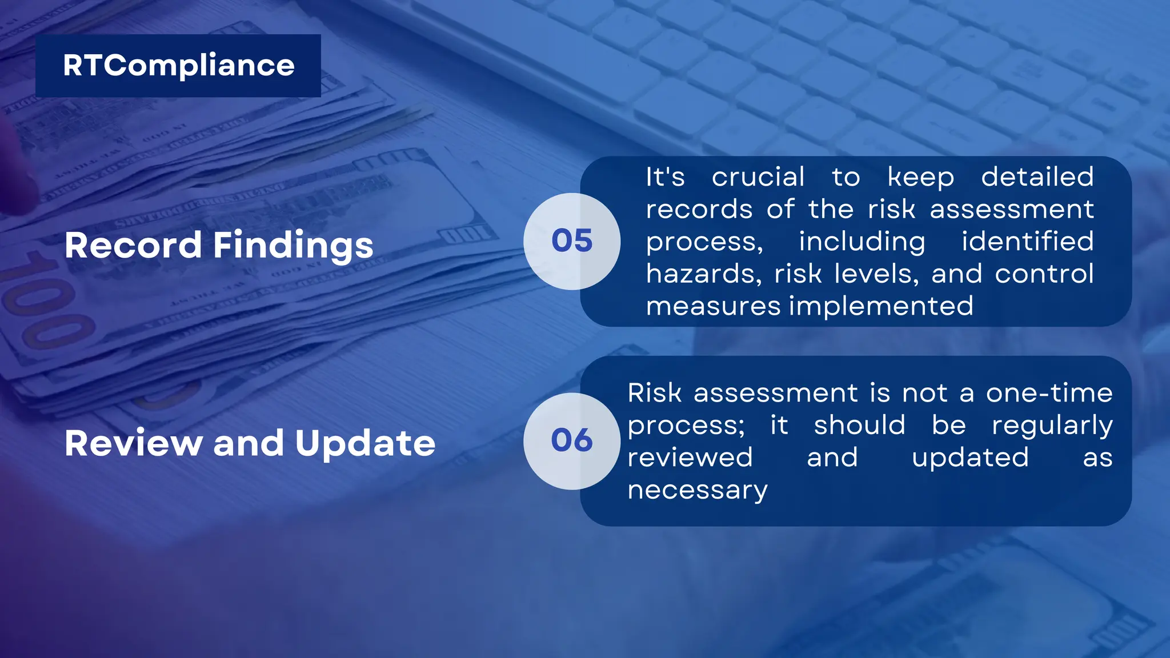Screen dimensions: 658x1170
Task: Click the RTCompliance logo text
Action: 178,66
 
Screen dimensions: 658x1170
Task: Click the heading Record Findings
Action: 219,245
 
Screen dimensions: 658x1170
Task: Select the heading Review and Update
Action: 250,443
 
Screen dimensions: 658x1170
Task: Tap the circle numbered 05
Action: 572,240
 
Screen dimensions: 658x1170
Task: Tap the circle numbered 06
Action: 572,440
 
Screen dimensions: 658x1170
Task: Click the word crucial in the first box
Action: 758,177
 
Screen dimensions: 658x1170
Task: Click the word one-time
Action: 1049,393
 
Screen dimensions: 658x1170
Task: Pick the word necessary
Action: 698,490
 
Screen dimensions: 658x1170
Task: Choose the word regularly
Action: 1052,426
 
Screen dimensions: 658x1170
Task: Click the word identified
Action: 1027,242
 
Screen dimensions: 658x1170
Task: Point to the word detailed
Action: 1037,177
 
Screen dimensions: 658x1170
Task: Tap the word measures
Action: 713,307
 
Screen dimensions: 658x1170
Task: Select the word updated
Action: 970,458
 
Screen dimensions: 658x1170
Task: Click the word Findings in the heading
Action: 293,246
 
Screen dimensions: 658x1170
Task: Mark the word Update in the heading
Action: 365,444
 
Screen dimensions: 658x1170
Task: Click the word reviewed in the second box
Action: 690,458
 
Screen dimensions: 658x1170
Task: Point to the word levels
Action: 876,274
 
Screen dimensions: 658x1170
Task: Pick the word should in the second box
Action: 859,426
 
